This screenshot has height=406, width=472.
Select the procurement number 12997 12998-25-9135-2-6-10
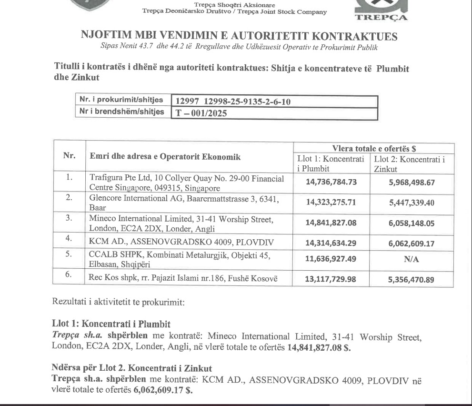233,101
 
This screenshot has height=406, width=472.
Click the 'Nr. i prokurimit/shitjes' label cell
122,100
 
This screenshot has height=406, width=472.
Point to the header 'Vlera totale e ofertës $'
373,148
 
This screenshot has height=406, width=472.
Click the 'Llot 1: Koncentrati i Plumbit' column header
331,163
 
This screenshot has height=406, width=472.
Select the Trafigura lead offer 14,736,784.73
331,182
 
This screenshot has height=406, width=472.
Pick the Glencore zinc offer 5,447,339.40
411,203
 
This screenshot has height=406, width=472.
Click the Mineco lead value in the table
331,223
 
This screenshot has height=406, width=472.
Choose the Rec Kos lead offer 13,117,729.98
331,279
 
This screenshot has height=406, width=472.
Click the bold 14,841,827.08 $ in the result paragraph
319,347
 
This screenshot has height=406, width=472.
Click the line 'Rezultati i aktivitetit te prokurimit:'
109,302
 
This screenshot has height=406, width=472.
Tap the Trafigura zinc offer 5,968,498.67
411,182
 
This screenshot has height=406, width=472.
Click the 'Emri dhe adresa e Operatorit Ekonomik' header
165,157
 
